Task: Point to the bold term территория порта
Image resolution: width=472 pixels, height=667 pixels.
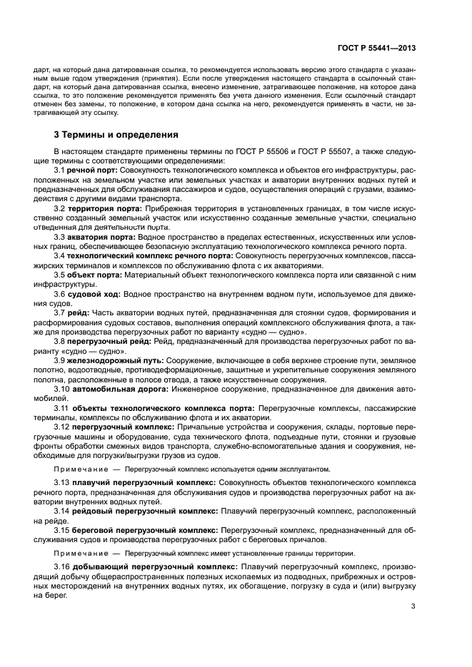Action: point(104,208)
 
